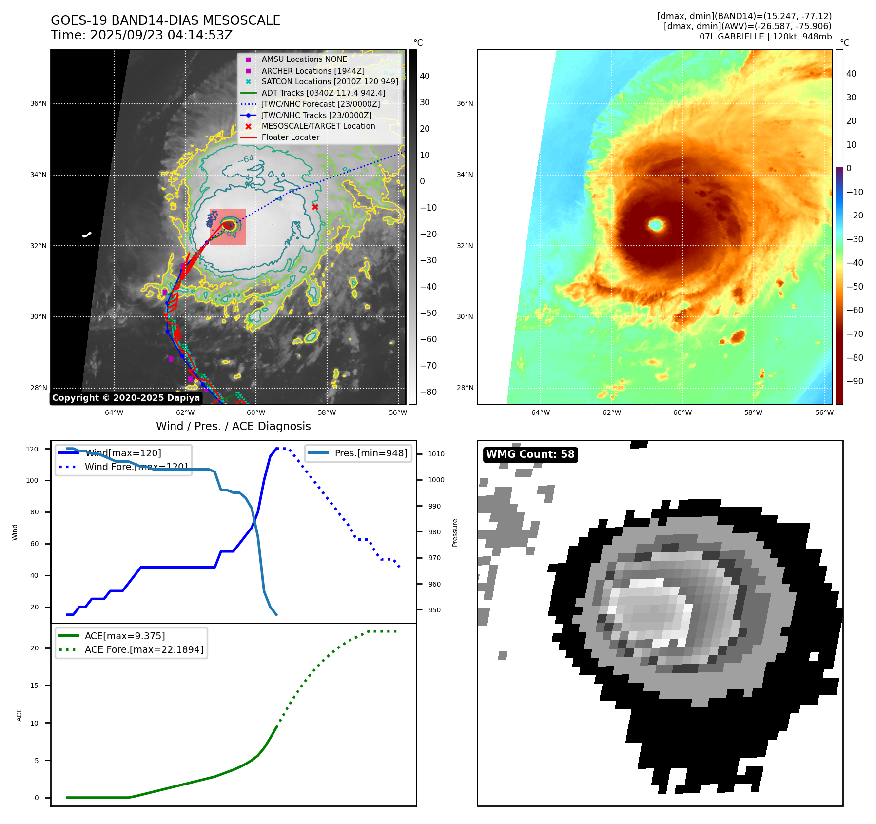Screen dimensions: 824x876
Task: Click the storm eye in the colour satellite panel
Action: pyautogui.click(x=656, y=225)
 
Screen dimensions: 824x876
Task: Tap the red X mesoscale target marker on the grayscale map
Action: pyautogui.click(x=315, y=207)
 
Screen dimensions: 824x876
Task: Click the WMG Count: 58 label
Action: pyautogui.click(x=530, y=454)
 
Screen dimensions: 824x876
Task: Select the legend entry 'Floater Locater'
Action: pyautogui.click(x=290, y=137)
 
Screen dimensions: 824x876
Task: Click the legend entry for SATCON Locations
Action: pyautogui.click(x=330, y=82)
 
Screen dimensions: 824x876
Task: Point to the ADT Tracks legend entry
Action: pyautogui.click(x=323, y=93)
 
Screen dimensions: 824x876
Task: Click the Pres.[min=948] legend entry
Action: pyautogui.click(x=370, y=453)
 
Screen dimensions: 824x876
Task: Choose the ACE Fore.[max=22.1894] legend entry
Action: pyautogui.click(x=144, y=649)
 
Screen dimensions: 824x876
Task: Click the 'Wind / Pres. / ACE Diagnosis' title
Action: pyautogui.click(x=233, y=426)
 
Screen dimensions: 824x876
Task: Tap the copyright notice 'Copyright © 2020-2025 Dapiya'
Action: pyautogui.click(x=126, y=398)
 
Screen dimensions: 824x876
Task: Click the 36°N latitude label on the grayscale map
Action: pyautogui.click(x=39, y=104)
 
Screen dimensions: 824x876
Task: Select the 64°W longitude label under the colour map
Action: pyautogui.click(x=540, y=412)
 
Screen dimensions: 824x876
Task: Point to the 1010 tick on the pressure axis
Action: pyautogui.click(x=436, y=454)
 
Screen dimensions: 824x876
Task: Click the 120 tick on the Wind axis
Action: pyautogui.click(x=32, y=449)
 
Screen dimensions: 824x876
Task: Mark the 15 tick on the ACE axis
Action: pyautogui.click(x=34, y=686)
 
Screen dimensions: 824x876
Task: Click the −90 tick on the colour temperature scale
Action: pyautogui.click(x=855, y=381)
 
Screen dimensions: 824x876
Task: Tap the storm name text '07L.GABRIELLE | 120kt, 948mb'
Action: pyautogui.click(x=765, y=37)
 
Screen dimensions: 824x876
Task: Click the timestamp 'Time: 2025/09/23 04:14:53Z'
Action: pyautogui.click(x=141, y=35)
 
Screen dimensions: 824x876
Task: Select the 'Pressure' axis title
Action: pyautogui.click(x=455, y=532)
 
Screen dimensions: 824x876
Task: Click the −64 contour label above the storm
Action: pyautogui.click(x=246, y=159)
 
